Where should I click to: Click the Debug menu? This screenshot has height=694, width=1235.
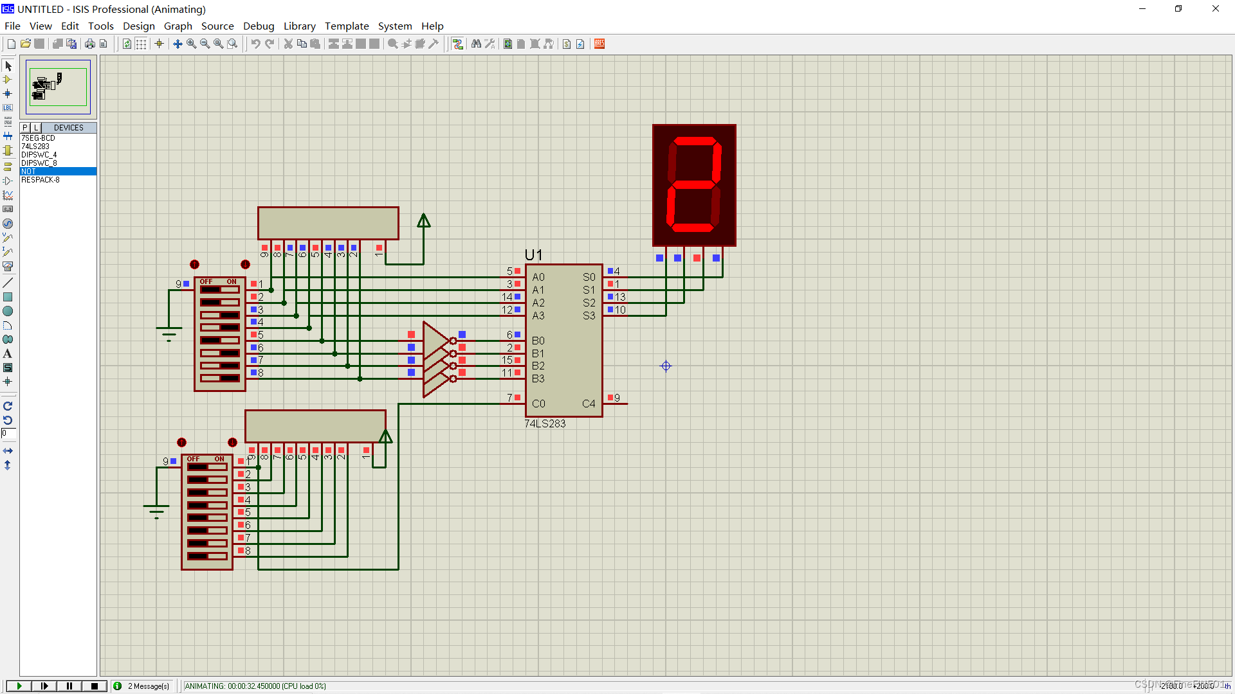click(259, 26)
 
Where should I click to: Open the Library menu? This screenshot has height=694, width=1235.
click(299, 26)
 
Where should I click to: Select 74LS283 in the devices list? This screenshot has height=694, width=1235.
click(35, 147)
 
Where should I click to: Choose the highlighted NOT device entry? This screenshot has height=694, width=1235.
click(29, 172)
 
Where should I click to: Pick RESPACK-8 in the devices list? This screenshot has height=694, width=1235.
click(40, 180)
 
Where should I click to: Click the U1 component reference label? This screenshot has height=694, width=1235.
click(533, 255)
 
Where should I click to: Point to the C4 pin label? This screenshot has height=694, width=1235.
click(589, 404)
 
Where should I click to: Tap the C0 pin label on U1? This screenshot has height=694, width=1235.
click(538, 404)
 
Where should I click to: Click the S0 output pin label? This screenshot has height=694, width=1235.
click(589, 277)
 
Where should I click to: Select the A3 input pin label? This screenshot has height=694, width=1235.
click(538, 316)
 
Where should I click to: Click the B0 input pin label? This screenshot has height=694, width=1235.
click(538, 341)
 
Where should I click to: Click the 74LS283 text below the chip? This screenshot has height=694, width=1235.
click(545, 423)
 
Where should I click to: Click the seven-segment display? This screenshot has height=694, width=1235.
click(694, 185)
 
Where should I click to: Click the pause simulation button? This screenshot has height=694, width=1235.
click(69, 686)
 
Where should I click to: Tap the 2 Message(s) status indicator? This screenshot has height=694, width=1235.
click(148, 686)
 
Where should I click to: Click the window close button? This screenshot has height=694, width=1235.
click(1215, 9)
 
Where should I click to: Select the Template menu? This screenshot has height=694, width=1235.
click(347, 26)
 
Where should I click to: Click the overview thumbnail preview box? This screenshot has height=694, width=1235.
click(58, 87)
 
